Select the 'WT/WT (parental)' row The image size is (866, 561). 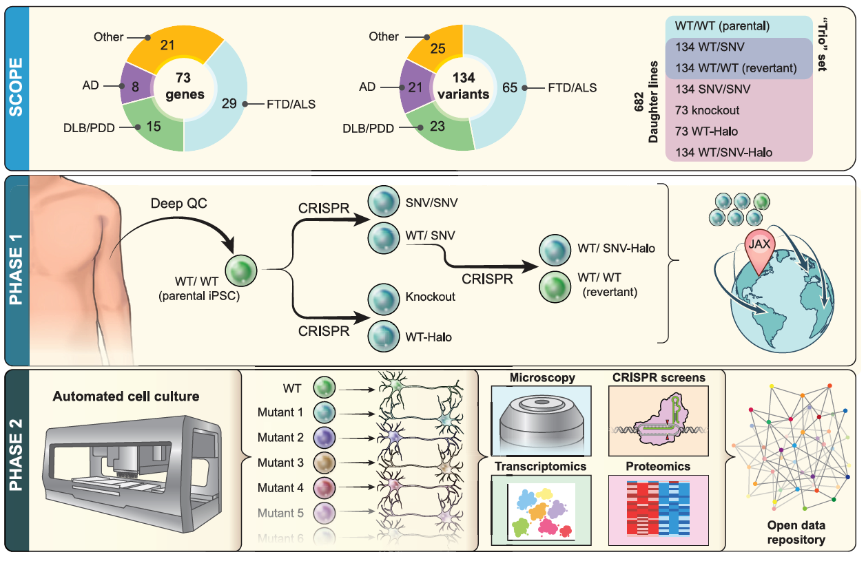click(x=721, y=27)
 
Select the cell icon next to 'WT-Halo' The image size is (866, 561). click(x=380, y=337)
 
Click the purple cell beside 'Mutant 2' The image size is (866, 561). click(x=324, y=438)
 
